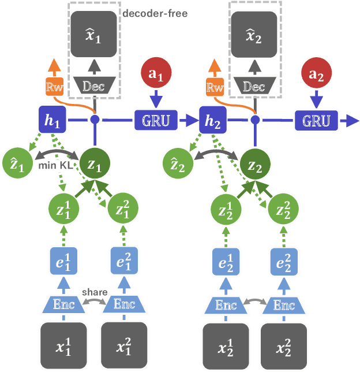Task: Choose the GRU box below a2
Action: click(316, 120)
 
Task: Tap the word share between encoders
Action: click(93, 292)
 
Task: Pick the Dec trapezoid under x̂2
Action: click(254, 87)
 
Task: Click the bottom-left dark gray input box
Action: click(63, 346)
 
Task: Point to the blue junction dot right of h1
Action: click(93, 120)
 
